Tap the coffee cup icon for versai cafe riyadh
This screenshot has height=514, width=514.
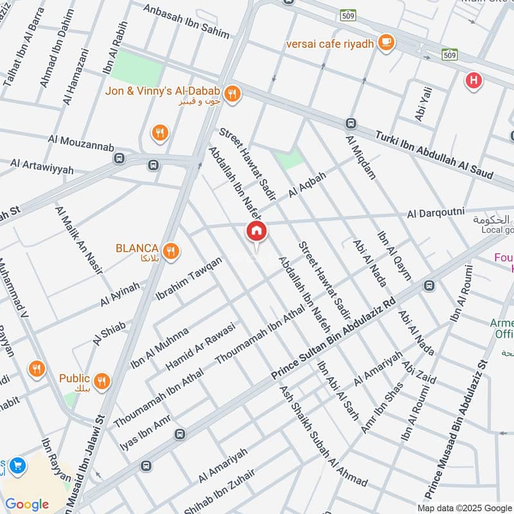click(386, 43)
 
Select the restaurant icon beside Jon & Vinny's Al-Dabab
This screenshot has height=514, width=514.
click(232, 94)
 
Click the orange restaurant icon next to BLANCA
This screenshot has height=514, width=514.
click(170, 251)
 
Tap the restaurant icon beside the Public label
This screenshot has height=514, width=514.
click(102, 382)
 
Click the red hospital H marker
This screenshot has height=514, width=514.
click(474, 80)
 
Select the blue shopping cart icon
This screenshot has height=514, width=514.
click(17, 465)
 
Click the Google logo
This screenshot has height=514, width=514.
click(27, 504)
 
